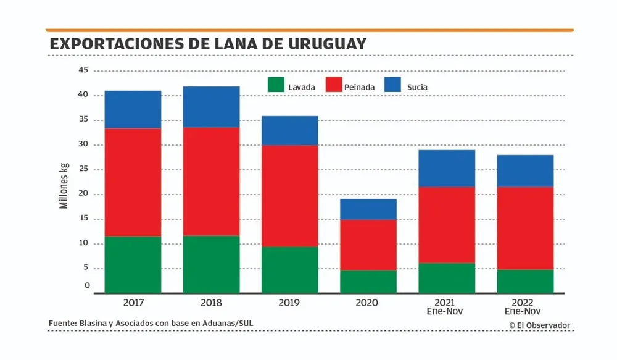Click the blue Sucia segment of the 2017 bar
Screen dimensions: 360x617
tap(133, 109)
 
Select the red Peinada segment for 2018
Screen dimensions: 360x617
tap(211, 182)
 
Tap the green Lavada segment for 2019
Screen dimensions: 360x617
tap(289, 270)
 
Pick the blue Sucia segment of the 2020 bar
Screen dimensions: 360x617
tap(368, 209)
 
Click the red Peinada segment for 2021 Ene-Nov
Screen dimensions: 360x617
tap(446, 225)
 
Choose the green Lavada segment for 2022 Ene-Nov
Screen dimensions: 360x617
tap(524, 281)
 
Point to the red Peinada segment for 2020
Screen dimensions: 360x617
tap(368, 245)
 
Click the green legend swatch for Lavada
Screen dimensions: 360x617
tap(275, 85)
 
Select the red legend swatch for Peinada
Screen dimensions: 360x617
tap(334, 85)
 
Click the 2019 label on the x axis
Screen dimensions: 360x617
tap(289, 303)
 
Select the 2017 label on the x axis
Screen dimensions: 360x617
tap(133, 303)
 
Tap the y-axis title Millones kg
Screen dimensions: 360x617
tap(64, 185)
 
